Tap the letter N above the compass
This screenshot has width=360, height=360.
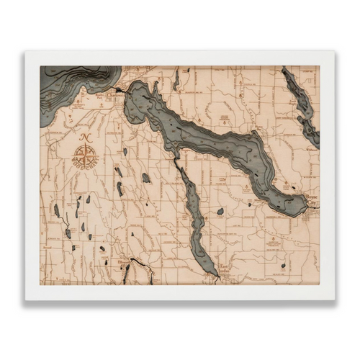85,137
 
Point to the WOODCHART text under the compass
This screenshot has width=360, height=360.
85,167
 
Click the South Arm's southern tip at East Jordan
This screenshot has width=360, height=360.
213,274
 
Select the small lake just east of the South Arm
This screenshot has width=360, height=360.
220,212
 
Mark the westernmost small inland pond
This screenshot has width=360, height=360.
56,210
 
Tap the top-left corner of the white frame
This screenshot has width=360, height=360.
25,52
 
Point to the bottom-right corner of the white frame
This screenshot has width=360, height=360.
335,299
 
